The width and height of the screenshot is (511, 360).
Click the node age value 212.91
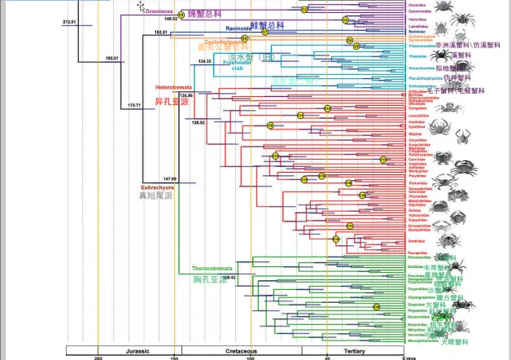coord(69,22)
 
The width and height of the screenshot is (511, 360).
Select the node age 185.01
coord(111,58)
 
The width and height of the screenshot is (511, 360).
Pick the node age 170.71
coord(133,105)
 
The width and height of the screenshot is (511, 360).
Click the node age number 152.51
coord(160,33)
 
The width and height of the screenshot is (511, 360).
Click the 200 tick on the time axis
coord(98,358)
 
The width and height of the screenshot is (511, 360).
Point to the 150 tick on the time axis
coord(174,358)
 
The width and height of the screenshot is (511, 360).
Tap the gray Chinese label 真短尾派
coord(159,197)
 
